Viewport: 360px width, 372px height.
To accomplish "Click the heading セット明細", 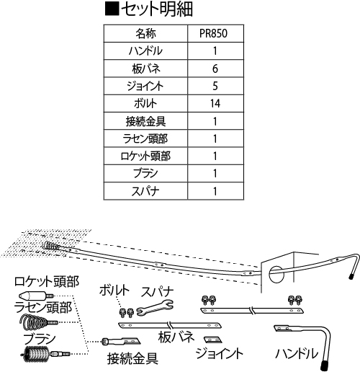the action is (149, 9).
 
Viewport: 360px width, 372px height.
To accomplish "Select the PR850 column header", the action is (213, 33).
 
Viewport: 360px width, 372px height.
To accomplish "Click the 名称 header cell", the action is (145, 33).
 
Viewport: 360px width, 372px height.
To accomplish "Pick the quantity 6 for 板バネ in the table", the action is (215, 68).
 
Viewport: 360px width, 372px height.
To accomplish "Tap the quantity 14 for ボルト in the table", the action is (215, 104).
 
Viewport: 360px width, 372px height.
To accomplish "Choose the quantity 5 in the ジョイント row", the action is (215, 86).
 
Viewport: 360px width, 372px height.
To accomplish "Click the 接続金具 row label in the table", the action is (145, 121).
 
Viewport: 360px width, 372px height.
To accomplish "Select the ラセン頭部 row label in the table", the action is (145, 138).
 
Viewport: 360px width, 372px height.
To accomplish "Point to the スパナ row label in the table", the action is (145, 191).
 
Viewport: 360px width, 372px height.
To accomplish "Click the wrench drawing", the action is (155, 308).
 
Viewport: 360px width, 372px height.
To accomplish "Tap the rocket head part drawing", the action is (36, 295).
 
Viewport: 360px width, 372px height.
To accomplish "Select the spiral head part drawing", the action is (38, 320).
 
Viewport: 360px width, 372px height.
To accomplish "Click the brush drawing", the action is (45, 353).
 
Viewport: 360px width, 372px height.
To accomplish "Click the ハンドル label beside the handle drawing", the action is (297, 354).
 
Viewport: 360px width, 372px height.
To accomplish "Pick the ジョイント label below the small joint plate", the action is (220, 353).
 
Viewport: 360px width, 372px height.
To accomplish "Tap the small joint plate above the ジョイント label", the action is (213, 340).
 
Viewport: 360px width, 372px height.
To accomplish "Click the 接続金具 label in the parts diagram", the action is (132, 359).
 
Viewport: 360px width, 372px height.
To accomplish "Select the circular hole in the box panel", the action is (276, 274).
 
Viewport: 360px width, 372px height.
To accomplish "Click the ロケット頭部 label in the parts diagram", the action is (47, 282).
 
